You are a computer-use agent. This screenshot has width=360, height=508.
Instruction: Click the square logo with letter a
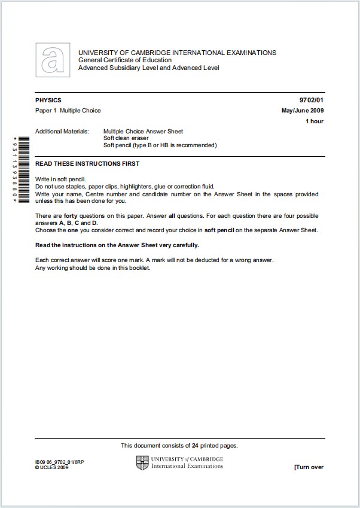click(53, 60)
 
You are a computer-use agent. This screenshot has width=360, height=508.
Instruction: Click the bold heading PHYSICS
click(48, 101)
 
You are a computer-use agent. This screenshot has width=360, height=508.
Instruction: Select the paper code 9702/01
click(312, 101)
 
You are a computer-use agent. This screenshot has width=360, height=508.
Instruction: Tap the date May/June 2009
click(303, 111)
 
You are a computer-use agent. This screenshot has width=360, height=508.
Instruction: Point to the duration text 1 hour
click(315, 121)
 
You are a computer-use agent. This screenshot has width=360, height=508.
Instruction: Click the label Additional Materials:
click(62, 132)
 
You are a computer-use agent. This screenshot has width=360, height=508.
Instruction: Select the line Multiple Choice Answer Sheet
click(143, 132)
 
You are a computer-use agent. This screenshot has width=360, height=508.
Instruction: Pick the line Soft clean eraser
click(126, 138)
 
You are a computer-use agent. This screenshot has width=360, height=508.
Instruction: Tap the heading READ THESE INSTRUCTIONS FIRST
click(87, 164)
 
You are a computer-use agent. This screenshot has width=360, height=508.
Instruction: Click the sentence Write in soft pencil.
click(60, 180)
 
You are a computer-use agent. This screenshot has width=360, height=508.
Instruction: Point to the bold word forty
click(71, 216)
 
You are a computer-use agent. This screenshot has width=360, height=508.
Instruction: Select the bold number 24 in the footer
click(195, 446)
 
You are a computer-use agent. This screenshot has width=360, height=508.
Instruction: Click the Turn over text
click(309, 467)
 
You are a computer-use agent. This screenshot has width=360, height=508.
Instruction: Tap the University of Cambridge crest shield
click(142, 463)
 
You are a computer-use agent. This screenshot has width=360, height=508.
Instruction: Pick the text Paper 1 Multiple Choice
click(68, 111)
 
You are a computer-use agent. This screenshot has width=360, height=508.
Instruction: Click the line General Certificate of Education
click(124, 60)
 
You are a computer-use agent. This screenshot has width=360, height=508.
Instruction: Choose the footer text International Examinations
click(187, 466)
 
